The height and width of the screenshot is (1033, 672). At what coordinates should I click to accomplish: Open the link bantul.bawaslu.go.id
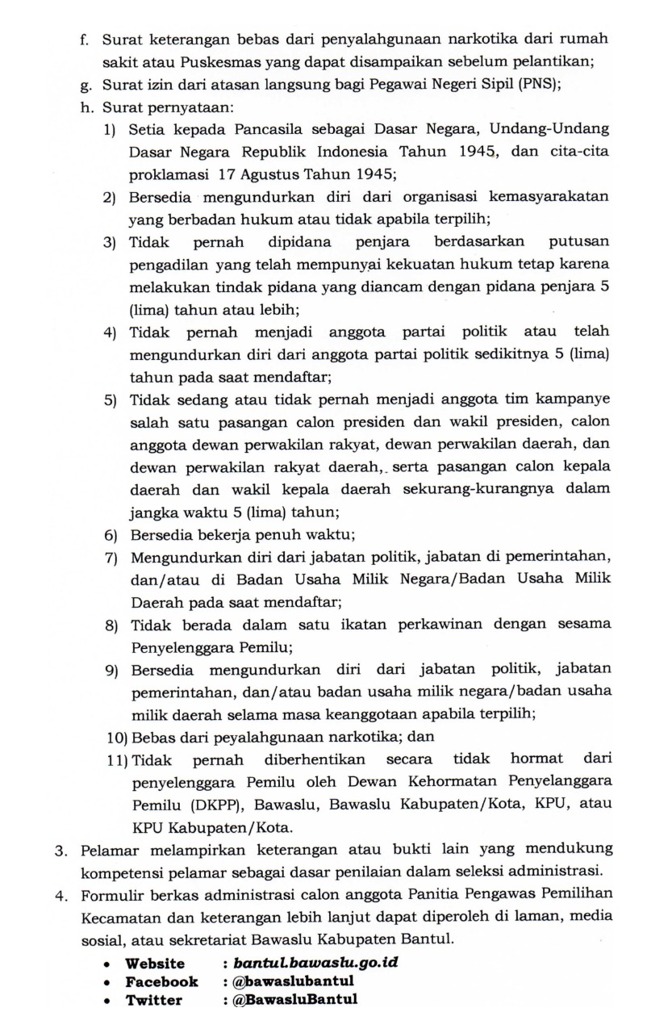coord(315,964)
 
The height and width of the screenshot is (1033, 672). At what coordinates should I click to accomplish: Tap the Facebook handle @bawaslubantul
coord(288,981)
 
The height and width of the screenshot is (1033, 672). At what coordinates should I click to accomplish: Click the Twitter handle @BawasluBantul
coord(290,1000)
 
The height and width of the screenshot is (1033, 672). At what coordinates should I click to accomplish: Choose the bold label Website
coord(155,964)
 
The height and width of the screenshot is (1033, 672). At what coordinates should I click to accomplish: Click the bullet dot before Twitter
coord(106,1001)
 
